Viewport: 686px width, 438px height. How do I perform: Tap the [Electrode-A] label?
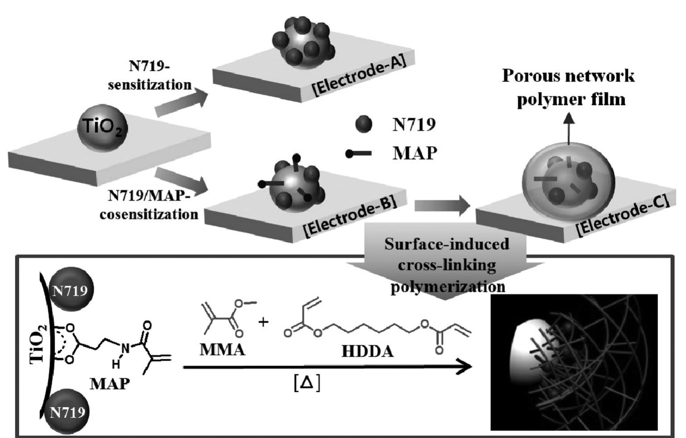[x=360, y=74]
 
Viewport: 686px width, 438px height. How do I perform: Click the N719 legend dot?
[x=364, y=124]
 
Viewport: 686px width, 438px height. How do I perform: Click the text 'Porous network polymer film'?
[x=569, y=87]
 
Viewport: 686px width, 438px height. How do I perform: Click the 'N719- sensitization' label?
[x=149, y=75]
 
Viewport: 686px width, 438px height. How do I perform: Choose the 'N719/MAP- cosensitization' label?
[x=149, y=205]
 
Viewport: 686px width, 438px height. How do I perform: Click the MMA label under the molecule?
[x=222, y=349]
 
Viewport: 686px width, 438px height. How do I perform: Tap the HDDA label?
[x=368, y=351]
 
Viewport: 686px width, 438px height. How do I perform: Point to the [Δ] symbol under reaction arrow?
[x=307, y=383]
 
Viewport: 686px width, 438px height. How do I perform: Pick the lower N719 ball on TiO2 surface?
[x=67, y=411]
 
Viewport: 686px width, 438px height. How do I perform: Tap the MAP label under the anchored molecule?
[x=110, y=383]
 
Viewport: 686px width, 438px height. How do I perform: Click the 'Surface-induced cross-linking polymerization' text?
[x=447, y=265]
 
